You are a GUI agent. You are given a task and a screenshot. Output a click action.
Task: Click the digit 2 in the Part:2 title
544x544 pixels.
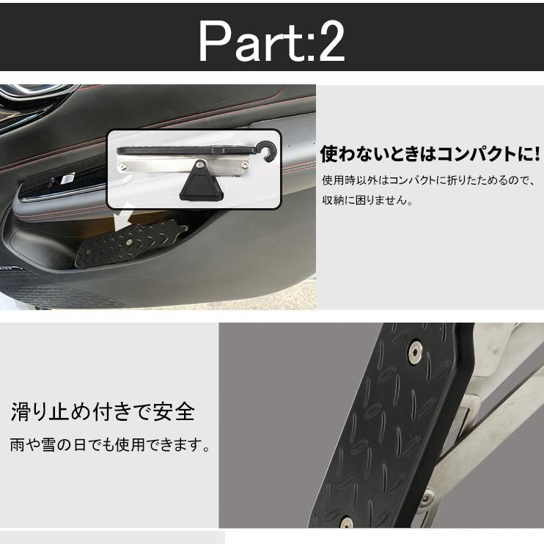[x=327, y=41]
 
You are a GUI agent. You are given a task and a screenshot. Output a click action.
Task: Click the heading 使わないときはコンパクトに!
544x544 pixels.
[x=430, y=154]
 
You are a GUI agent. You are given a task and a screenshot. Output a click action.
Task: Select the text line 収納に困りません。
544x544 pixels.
[x=367, y=200]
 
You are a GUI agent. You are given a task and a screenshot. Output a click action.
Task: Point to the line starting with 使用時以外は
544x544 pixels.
[x=430, y=180]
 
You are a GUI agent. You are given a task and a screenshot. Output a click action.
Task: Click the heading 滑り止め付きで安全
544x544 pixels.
[x=103, y=412]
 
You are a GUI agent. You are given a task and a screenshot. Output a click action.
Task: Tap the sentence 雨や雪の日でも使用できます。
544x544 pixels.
[x=110, y=445]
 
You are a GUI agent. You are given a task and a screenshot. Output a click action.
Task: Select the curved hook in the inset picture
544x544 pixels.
[x=268, y=151]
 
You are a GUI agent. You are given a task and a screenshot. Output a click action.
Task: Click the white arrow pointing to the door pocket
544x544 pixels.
[x=123, y=215]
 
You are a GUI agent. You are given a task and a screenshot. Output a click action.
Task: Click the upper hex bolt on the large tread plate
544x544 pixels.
[x=415, y=352]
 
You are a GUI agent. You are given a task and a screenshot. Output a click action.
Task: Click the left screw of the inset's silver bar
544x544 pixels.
[x=122, y=167]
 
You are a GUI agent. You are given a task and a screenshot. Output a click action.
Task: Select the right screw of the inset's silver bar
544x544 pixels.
[x=245, y=166]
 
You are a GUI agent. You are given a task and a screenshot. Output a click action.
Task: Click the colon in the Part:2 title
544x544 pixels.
[x=302, y=45]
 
